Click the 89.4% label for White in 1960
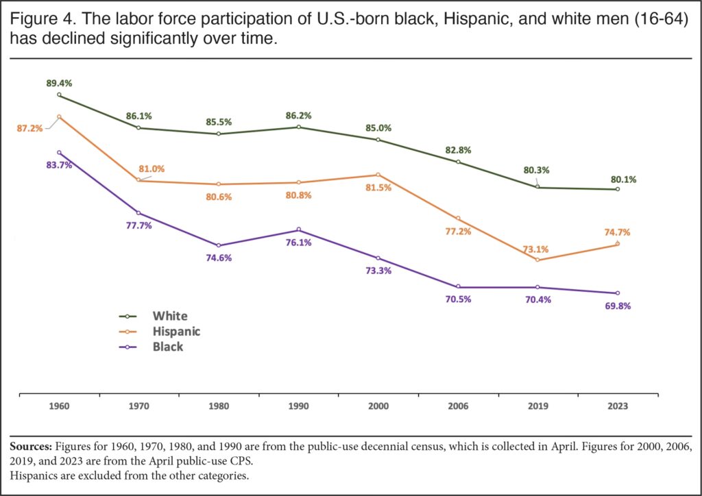pyautogui.click(x=58, y=83)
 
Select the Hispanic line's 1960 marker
pyautogui.click(x=60, y=117)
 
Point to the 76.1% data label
pyautogui.click(x=298, y=242)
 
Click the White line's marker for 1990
pyautogui.click(x=298, y=127)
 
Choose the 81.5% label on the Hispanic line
pyautogui.click(x=378, y=187)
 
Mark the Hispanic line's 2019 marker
pyautogui.click(x=537, y=260)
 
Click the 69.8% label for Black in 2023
pyautogui.click(x=617, y=306)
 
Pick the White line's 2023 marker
pyautogui.click(x=617, y=189)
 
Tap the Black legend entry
pyautogui.click(x=168, y=347)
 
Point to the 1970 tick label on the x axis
pyautogui.click(x=138, y=406)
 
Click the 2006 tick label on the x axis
pyautogui.click(x=457, y=406)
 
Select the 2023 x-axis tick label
pyautogui.click(x=617, y=406)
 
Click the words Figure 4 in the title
pyautogui.click(x=37, y=21)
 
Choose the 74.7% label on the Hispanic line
pyautogui.click(x=616, y=232)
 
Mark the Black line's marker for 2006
pyautogui.click(x=458, y=286)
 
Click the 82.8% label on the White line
pyautogui.click(x=457, y=149)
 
